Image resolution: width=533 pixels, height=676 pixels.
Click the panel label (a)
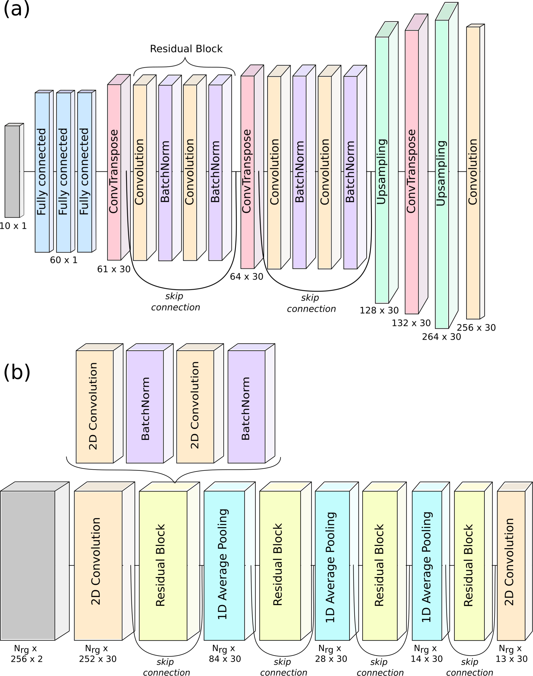tap(16, 9)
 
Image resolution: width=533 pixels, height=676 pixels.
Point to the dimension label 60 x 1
tap(64, 260)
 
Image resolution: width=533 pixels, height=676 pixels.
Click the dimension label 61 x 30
tap(113, 269)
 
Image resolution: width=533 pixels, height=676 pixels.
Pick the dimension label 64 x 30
tap(247, 276)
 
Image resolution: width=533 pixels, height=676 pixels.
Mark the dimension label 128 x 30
tap(379, 310)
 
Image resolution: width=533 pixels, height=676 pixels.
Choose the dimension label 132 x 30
tap(411, 323)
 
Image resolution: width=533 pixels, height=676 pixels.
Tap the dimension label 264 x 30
tap(441, 337)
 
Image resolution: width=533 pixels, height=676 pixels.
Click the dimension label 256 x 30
tap(476, 328)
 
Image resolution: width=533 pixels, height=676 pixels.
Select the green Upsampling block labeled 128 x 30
tap(382, 170)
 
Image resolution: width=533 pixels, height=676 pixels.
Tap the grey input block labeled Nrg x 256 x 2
tap(28, 566)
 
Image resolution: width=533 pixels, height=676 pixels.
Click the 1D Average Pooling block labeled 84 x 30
tap(224, 566)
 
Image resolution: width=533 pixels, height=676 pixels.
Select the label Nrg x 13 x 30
tap(512, 654)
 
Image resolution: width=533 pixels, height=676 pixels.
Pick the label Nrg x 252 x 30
tap(98, 654)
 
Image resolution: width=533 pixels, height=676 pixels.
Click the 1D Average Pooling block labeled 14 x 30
tap(427, 566)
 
